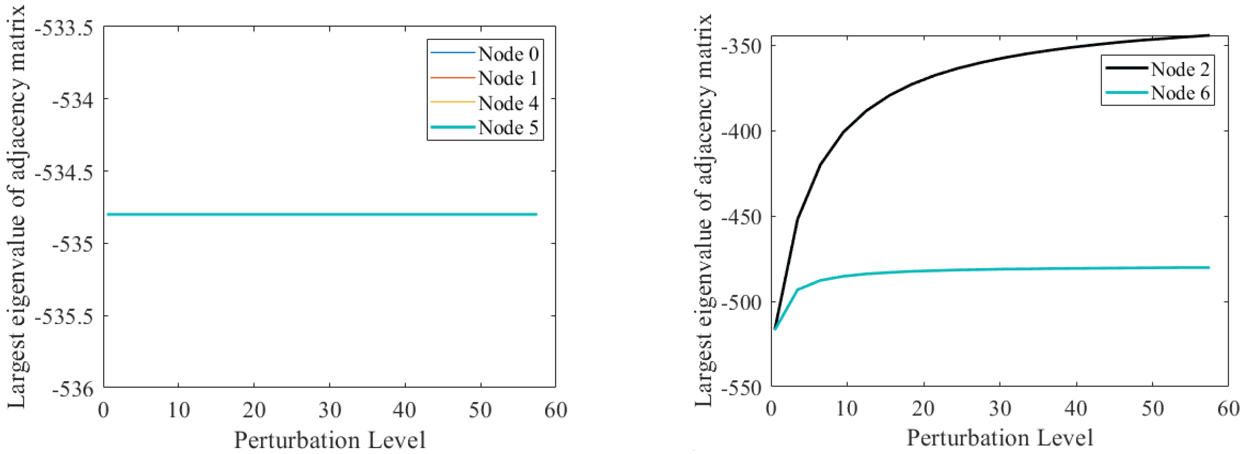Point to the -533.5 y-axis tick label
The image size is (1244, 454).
[64, 29]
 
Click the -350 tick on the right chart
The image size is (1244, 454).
[741, 47]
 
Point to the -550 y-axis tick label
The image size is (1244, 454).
[741, 388]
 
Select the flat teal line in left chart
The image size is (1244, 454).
[319, 214]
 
